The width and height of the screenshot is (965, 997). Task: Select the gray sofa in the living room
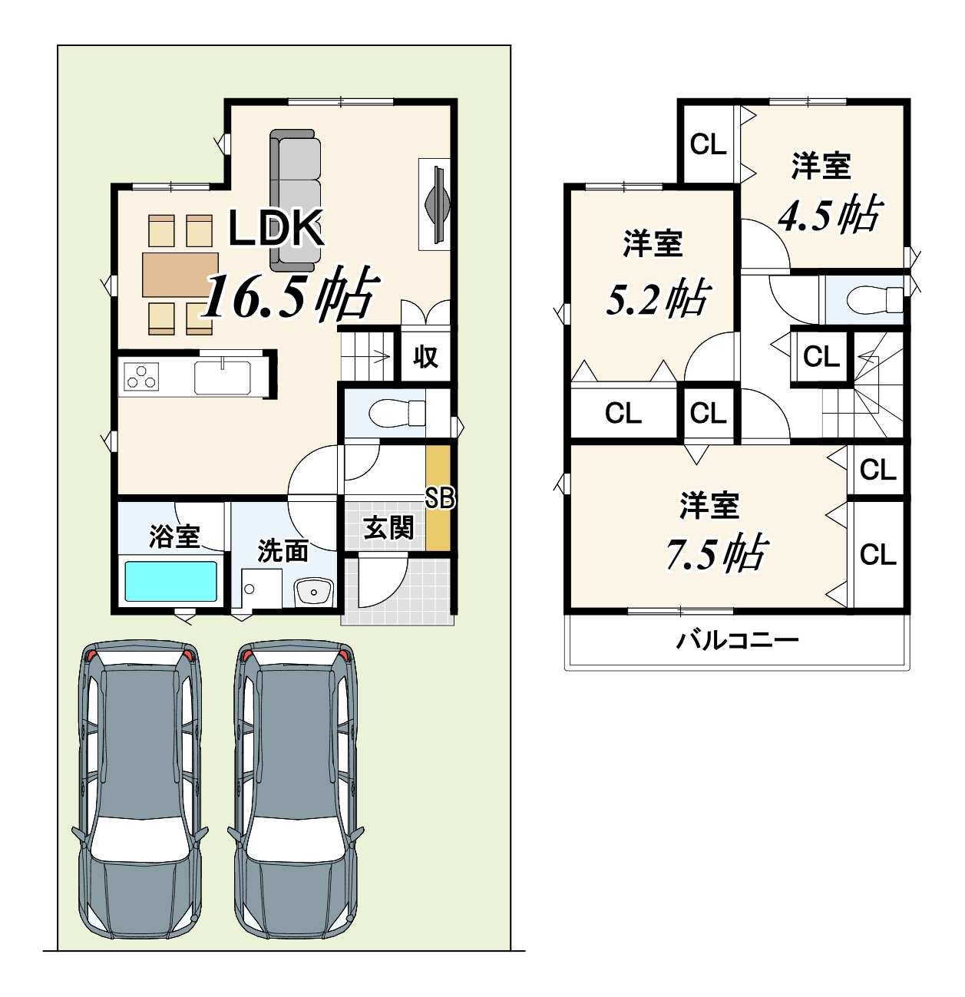click(296, 200)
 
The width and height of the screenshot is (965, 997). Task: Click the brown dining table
click(180, 275)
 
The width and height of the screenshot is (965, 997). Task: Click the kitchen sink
click(223, 378)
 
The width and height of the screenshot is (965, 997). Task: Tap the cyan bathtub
click(170, 581)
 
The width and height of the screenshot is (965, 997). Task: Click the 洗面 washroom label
click(283, 551)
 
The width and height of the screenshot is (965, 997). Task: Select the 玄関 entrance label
click(388, 528)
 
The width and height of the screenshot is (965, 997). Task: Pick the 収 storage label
click(425, 357)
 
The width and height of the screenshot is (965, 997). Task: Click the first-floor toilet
click(397, 413)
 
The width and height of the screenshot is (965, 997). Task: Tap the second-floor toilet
click(875, 299)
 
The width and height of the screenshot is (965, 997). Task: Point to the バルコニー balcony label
click(738, 640)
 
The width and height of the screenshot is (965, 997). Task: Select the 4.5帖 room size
click(830, 214)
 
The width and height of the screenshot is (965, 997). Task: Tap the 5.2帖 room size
click(659, 298)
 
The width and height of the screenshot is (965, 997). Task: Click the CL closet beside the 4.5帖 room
click(709, 144)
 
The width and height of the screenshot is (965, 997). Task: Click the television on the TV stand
click(438, 204)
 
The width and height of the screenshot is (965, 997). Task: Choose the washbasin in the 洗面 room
click(314, 592)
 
